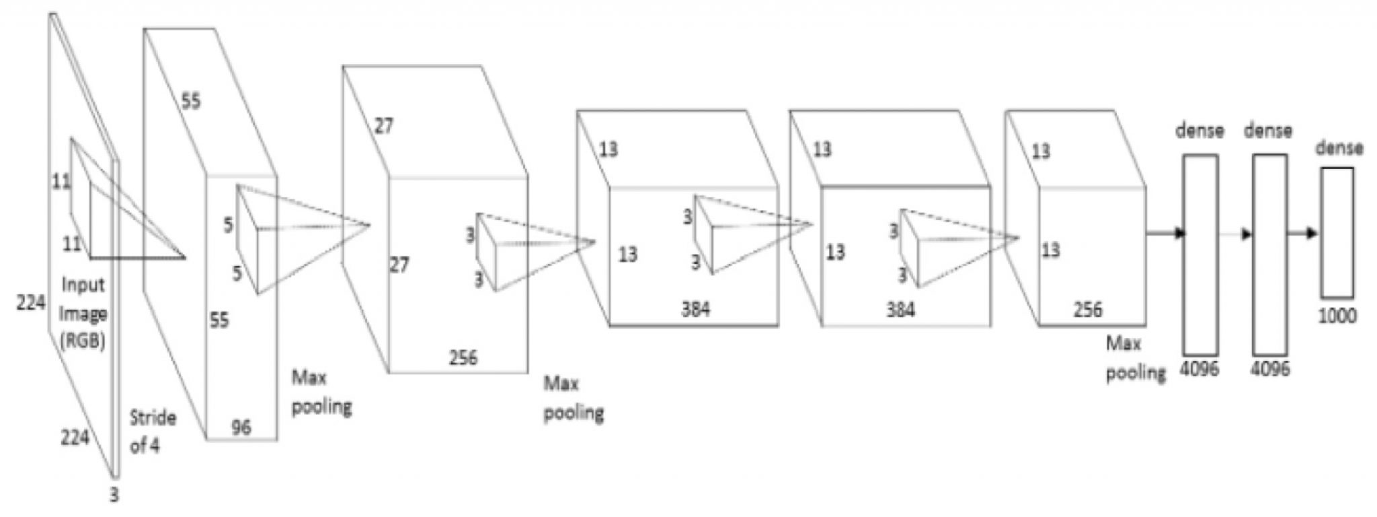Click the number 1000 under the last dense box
[x=1337, y=315]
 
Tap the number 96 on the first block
[x=241, y=427]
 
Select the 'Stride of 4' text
[x=153, y=432]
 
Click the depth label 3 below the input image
[x=114, y=495]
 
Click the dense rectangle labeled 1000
[x=1337, y=232]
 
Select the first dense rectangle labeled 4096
[x=1200, y=255]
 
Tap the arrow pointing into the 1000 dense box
[x=1303, y=234]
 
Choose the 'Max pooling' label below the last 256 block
[x=1136, y=358]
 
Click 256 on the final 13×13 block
[x=1088, y=309]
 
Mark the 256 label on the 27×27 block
[x=463, y=357]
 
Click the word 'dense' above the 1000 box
[x=1340, y=147]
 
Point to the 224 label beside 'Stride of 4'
[x=75, y=438]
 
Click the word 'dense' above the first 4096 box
[x=1199, y=130]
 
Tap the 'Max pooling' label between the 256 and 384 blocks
[x=574, y=399]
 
